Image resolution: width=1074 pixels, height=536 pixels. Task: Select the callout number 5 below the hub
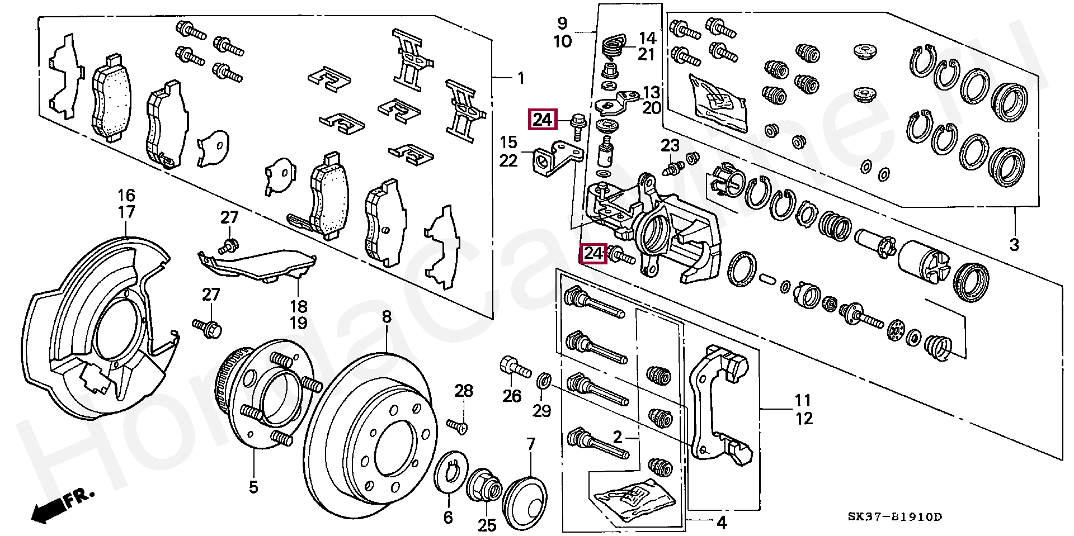253,487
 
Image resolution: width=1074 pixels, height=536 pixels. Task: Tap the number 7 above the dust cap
530,445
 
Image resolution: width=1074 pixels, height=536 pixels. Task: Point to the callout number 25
487,525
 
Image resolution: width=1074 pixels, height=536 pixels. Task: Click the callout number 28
464,391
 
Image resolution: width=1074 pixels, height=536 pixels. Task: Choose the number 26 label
512,396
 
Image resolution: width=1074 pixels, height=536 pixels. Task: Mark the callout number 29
541,411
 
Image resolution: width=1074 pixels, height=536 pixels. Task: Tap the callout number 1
521,78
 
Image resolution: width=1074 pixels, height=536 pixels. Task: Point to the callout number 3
1014,244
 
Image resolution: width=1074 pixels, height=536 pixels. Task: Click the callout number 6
448,518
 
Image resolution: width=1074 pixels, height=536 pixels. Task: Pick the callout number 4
722,523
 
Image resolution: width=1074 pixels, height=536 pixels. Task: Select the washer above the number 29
543,382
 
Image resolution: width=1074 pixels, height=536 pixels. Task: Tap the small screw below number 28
458,426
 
